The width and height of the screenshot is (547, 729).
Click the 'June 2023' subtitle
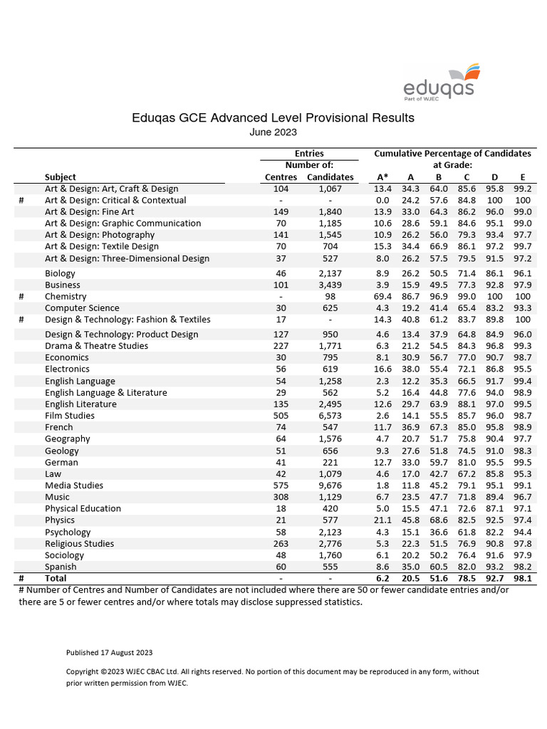(273, 132)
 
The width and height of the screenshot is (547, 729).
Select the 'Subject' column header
(61, 177)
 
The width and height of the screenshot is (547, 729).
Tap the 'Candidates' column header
(330, 177)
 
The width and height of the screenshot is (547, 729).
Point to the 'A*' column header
(382, 177)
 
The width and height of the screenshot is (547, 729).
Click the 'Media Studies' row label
(74, 486)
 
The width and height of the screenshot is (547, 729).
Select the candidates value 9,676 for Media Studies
(330, 486)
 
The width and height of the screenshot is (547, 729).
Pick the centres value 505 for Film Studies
(280, 416)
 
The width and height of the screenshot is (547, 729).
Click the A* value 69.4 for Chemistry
(382, 296)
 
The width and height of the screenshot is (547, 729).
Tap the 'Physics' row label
(60, 520)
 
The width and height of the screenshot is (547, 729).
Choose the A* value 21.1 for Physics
(382, 520)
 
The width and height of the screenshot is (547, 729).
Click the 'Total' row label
(56, 579)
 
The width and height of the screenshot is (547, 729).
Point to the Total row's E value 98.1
(523, 579)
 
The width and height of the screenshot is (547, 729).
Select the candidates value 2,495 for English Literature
(330, 404)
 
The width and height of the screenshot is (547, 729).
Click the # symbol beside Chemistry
(21, 296)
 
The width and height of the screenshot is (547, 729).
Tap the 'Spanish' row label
(61, 567)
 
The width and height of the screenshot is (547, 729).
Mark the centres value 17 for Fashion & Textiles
(280, 320)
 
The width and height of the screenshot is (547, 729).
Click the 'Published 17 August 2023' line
(109, 652)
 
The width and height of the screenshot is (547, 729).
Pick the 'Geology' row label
(62, 451)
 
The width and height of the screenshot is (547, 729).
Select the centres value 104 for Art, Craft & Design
(280, 189)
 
